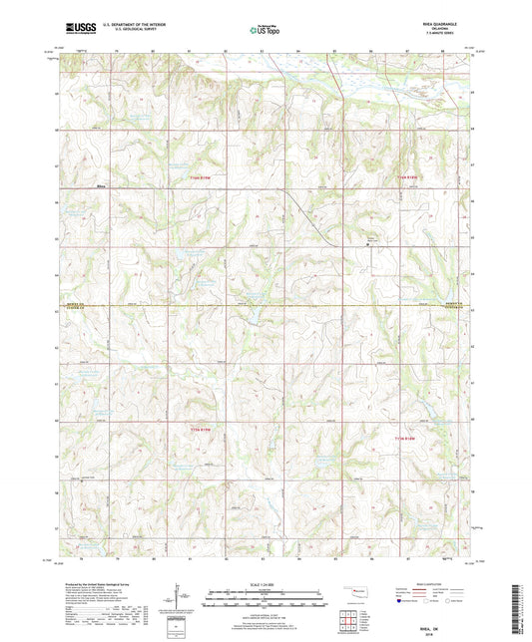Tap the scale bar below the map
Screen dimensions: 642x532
coord(266,600)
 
